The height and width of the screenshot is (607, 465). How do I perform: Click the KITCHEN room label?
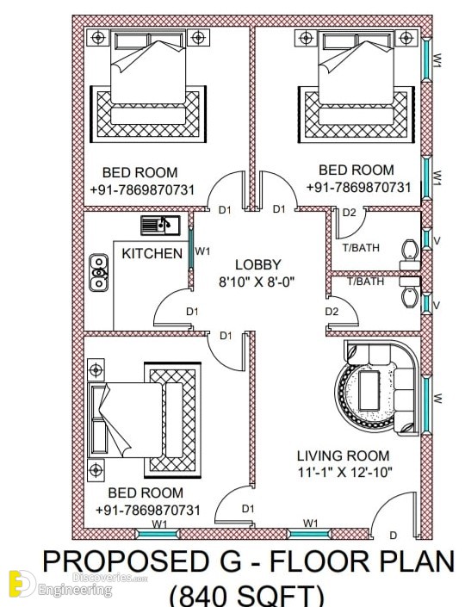click(152, 253)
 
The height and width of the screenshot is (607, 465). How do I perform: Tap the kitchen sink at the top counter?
click(160, 226)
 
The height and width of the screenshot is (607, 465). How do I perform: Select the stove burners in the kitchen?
click(99, 272)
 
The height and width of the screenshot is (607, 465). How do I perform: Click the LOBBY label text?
click(257, 265)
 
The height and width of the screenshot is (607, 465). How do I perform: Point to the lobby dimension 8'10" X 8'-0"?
click(257, 282)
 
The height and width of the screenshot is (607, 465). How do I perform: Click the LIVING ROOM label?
click(343, 455)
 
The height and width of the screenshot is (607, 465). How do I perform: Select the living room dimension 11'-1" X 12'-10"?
click(345, 473)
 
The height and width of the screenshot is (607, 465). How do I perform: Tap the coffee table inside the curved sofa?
click(369, 391)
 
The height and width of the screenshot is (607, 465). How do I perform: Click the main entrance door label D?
click(393, 536)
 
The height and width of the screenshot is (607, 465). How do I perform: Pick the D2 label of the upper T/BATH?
click(350, 213)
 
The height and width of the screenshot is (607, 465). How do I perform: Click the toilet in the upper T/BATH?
click(410, 255)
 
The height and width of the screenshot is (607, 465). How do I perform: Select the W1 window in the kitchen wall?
click(191, 248)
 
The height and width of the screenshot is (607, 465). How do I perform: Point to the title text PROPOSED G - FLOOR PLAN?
click(248, 561)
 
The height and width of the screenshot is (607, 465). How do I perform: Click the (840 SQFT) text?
click(246, 596)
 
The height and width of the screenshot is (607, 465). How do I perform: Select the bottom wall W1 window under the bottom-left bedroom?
click(158, 534)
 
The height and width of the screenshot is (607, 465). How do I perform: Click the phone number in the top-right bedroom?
click(358, 188)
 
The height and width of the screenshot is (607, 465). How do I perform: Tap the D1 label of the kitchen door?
click(192, 312)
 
